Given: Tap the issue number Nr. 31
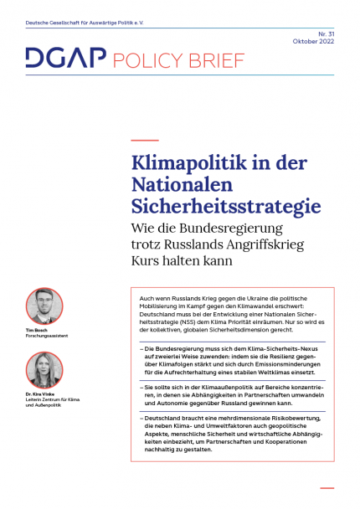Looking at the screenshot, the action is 325,33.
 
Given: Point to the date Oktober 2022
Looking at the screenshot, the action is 315,41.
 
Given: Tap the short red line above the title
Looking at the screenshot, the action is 145,140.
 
